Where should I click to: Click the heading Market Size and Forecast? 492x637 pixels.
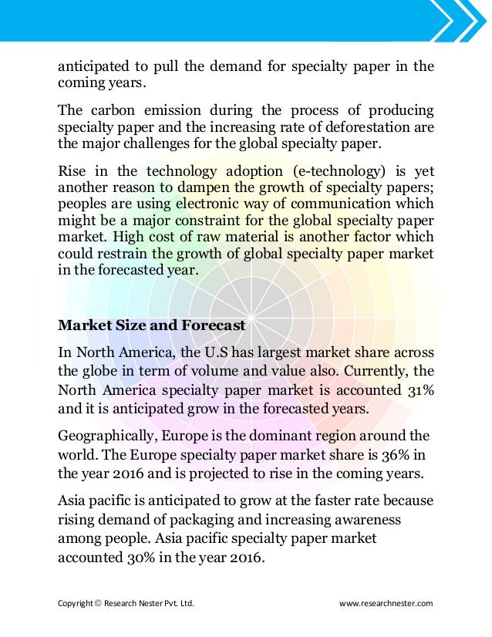(x=152, y=325)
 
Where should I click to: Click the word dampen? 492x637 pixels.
(x=244, y=187)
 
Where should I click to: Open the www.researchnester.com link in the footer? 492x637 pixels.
(x=386, y=603)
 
